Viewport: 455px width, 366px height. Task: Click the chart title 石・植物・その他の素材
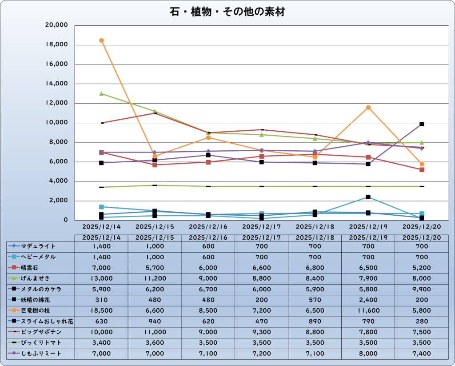[227, 12]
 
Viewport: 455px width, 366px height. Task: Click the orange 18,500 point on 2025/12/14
[101, 40]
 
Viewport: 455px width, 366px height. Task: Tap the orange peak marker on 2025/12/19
[368, 108]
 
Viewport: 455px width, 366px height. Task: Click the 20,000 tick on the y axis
[56, 25]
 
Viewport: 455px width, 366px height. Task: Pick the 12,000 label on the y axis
[56, 103]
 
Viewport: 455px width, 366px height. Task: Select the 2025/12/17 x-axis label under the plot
[262, 226]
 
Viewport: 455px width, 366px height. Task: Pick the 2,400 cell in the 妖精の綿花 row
[368, 300]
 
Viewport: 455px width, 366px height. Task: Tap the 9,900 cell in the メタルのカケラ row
[422, 289]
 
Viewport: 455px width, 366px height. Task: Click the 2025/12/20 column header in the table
[422, 237]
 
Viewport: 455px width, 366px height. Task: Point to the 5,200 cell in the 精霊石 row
[422, 268]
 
